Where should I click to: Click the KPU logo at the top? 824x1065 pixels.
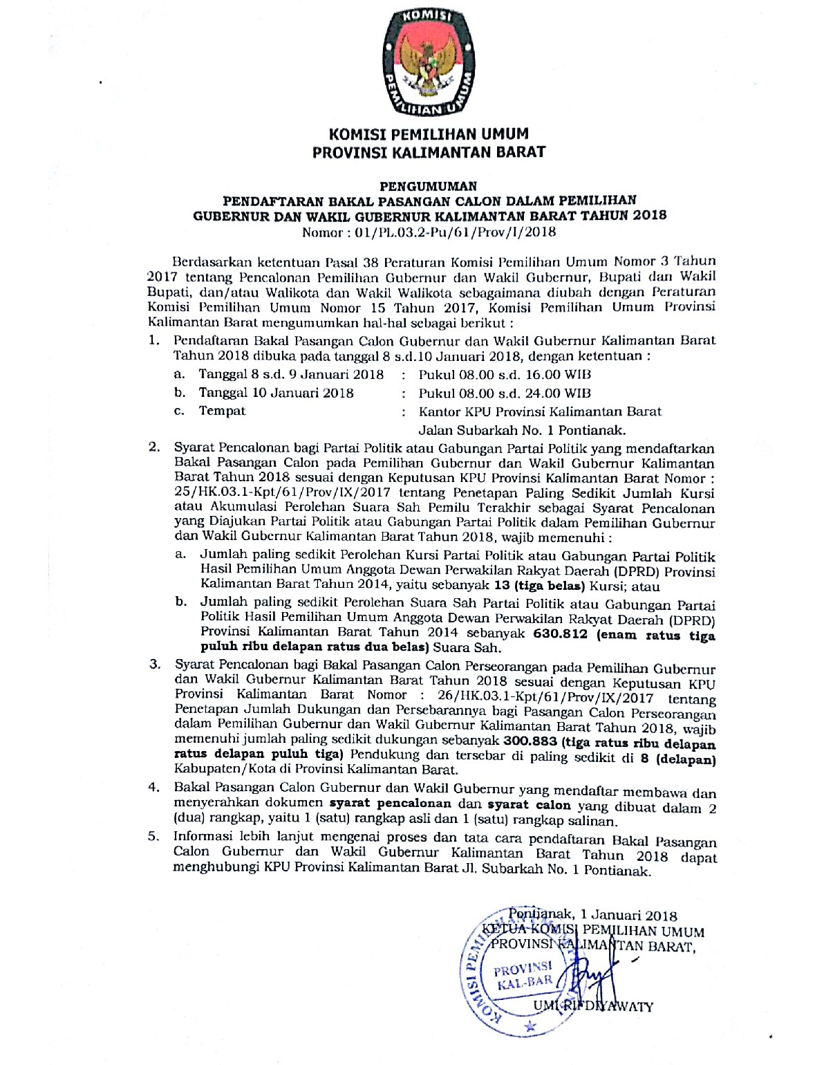428,62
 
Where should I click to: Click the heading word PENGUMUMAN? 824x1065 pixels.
429,186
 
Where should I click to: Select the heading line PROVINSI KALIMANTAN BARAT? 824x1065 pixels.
429,151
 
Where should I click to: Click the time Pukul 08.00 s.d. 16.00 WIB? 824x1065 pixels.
505,375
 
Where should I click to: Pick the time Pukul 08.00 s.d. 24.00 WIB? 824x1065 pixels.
505,393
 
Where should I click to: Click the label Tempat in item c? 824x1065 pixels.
222,411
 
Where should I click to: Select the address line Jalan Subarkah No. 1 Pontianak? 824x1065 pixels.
522,430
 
